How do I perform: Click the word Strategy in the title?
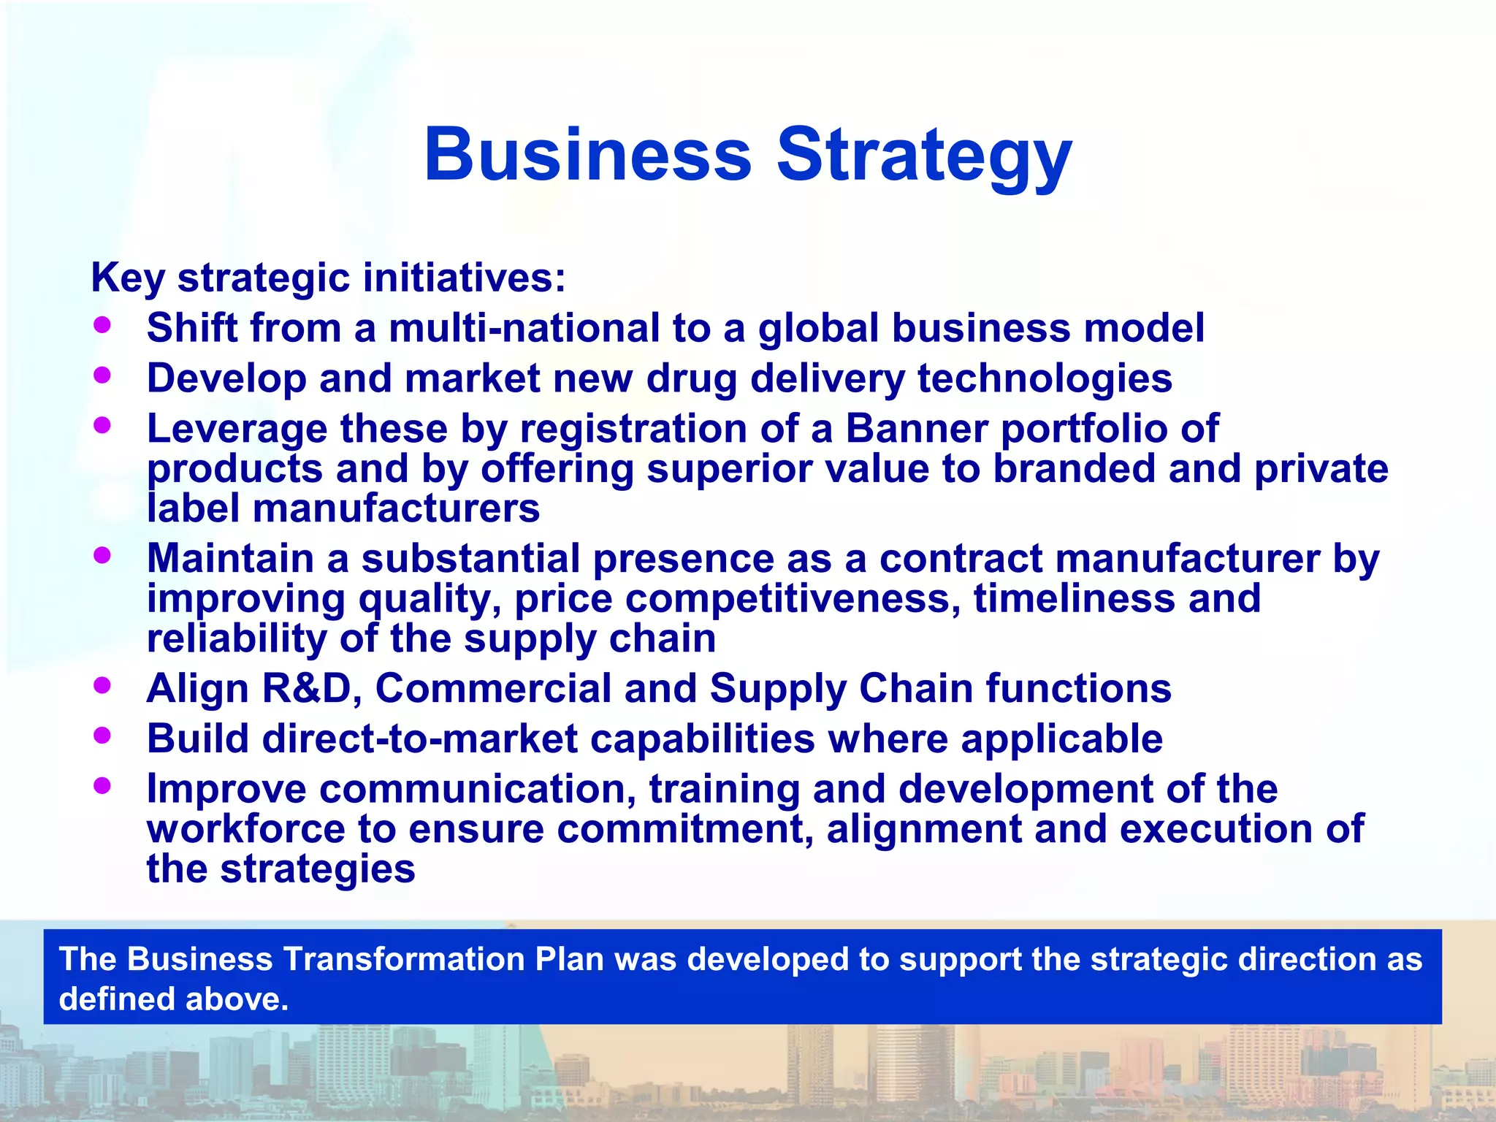point(923,156)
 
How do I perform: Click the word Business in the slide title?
point(588,156)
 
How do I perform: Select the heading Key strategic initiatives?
point(328,278)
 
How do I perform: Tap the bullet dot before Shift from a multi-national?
point(102,325)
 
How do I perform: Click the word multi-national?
point(524,328)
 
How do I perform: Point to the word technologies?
point(1045,378)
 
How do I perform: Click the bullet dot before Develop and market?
point(102,375)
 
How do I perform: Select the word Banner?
point(917,428)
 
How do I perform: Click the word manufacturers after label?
point(396,508)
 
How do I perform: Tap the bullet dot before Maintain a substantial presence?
point(102,555)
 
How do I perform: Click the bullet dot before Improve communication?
point(102,785)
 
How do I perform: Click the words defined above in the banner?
point(174,999)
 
